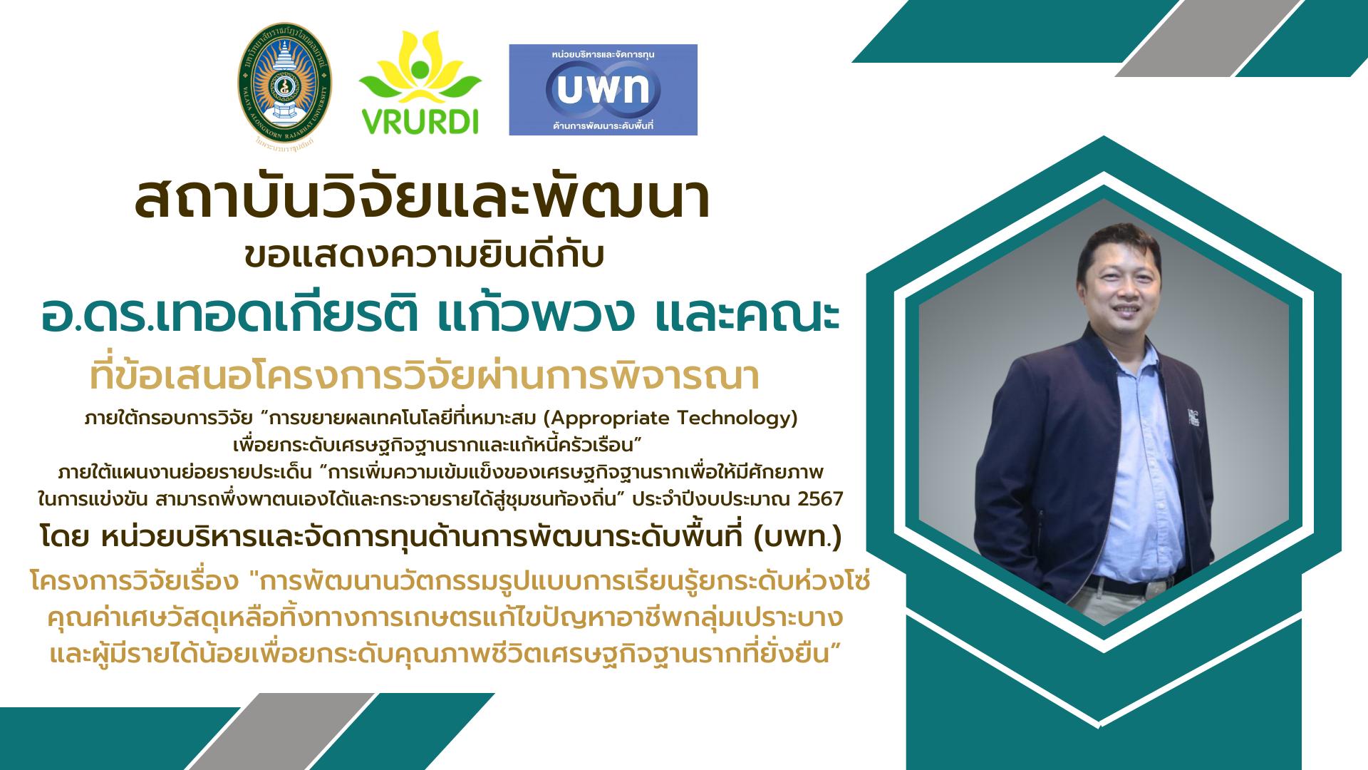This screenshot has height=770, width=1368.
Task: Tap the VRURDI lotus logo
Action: (420, 83)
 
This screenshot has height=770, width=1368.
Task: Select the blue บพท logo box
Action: (603, 90)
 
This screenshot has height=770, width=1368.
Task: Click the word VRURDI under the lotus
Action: (420, 123)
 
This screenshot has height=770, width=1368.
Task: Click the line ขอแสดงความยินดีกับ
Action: (424, 256)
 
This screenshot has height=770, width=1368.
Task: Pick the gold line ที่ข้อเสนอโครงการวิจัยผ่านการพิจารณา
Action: (425, 376)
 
